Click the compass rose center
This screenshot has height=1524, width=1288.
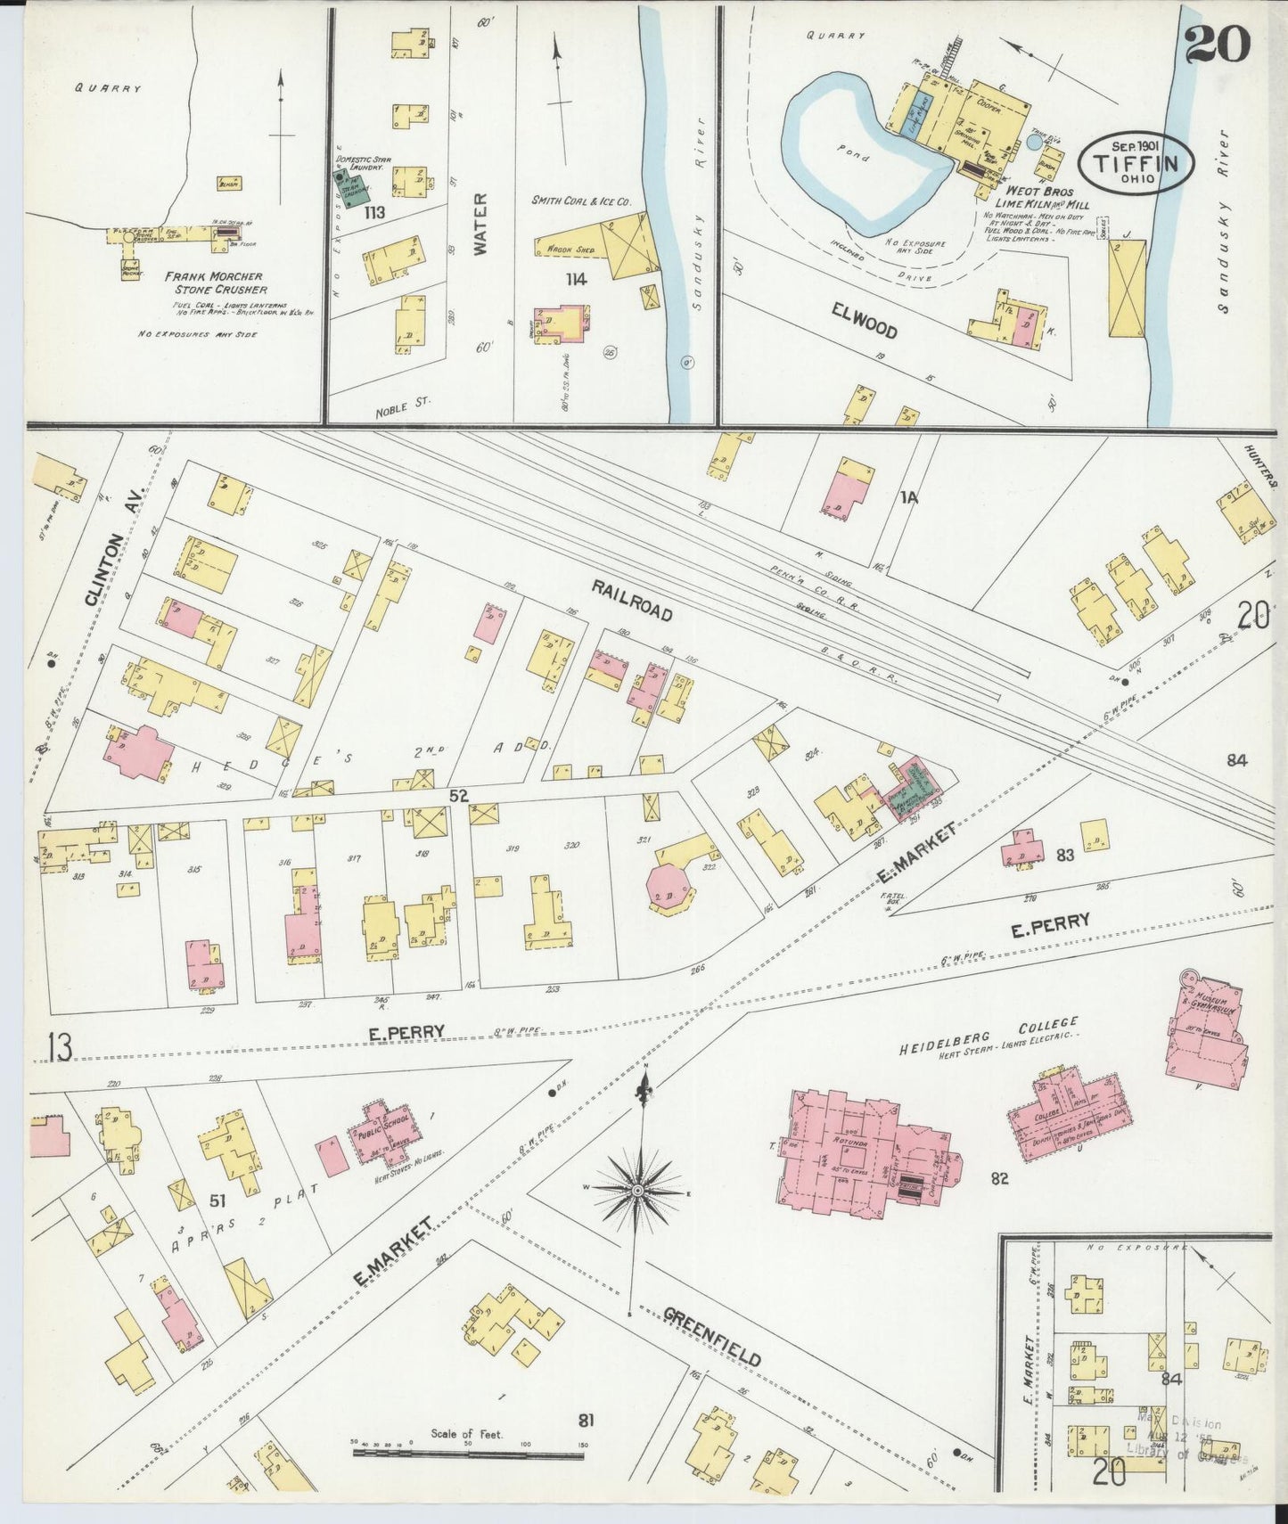click(x=638, y=1190)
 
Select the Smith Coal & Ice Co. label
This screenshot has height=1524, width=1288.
click(x=581, y=202)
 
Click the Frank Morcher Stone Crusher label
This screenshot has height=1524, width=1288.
click(x=214, y=283)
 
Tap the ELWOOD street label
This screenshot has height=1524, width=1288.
click(x=864, y=320)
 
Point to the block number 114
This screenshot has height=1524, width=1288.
click(x=577, y=280)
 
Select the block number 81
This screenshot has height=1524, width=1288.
click(x=586, y=1419)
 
